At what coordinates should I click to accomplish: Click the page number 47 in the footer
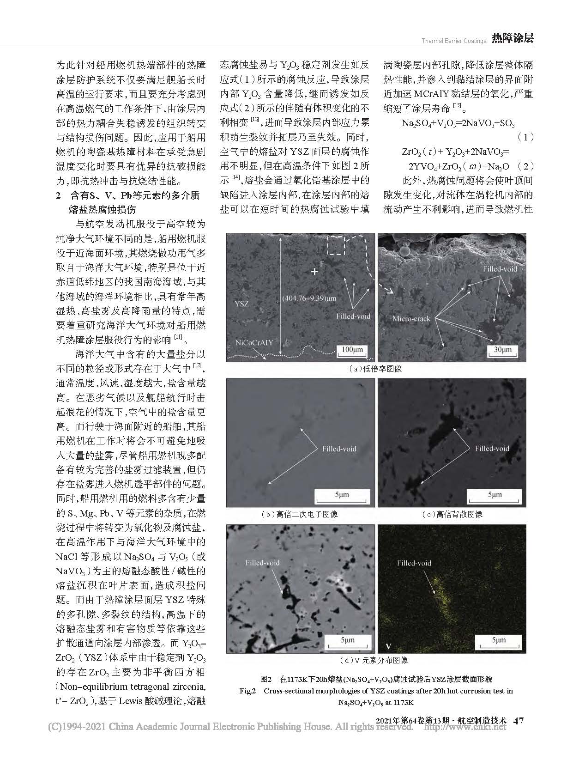tap(519, 721)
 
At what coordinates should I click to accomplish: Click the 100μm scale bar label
tap(352, 350)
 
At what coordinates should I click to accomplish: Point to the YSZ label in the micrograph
tap(242, 304)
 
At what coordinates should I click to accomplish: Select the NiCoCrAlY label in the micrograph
tap(254, 342)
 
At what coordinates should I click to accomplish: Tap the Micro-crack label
tap(411, 318)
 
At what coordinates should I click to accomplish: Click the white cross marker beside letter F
tap(315, 272)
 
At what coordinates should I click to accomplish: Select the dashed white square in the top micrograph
tap(336, 245)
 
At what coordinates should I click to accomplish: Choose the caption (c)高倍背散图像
tap(452, 514)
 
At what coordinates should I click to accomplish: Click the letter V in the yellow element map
tap(388, 645)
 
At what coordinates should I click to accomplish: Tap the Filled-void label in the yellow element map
tap(414, 563)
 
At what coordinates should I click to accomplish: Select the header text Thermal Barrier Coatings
tap(454, 41)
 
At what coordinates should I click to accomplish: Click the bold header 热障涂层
tap(513, 38)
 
